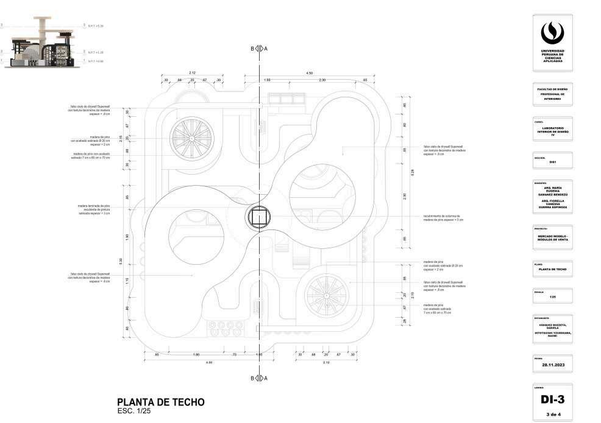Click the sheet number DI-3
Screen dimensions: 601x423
click(x=552, y=399)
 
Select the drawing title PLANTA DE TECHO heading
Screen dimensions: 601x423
click(x=160, y=402)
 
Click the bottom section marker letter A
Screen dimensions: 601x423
click(x=266, y=378)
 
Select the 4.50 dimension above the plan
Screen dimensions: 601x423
click(x=309, y=74)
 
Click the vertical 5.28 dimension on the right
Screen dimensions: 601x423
click(x=413, y=172)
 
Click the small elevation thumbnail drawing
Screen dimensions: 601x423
click(x=40, y=46)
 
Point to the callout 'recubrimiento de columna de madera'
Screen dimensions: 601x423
click(x=443, y=218)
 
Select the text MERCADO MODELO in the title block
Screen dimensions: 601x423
click(x=552, y=236)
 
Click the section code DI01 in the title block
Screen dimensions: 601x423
click(x=552, y=162)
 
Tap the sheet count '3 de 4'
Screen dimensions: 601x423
click(x=552, y=414)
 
